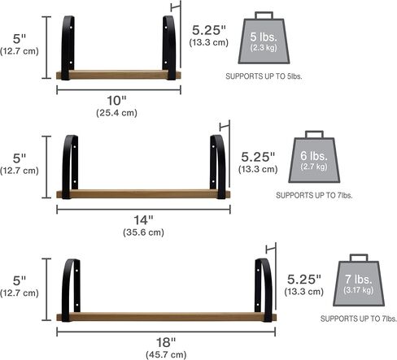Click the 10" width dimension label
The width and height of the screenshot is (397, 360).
(116, 101)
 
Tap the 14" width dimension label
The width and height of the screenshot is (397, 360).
(143, 220)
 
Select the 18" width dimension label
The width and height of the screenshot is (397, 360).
(166, 342)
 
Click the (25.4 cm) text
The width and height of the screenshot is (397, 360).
(116, 113)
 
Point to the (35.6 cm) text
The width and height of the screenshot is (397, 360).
(143, 232)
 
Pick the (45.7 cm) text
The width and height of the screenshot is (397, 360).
(166, 354)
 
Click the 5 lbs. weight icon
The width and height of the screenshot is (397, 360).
(264, 37)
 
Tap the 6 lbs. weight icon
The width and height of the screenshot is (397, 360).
(314, 157)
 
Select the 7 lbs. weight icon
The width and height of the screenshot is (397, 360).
(359, 280)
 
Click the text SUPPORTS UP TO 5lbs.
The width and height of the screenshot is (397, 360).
(264, 76)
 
